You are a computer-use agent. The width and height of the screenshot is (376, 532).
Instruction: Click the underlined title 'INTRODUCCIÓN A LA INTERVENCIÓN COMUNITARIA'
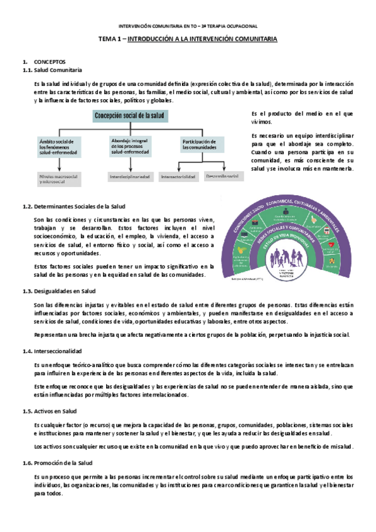click(207, 39)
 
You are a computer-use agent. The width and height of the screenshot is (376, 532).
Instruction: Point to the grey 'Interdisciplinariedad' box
click(130, 177)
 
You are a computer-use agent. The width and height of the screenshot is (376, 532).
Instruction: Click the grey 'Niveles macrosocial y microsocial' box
click(59, 178)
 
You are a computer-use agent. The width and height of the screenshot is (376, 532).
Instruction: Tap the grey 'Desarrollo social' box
click(223, 176)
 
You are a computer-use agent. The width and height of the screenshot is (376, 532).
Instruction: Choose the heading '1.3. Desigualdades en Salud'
click(58, 291)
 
